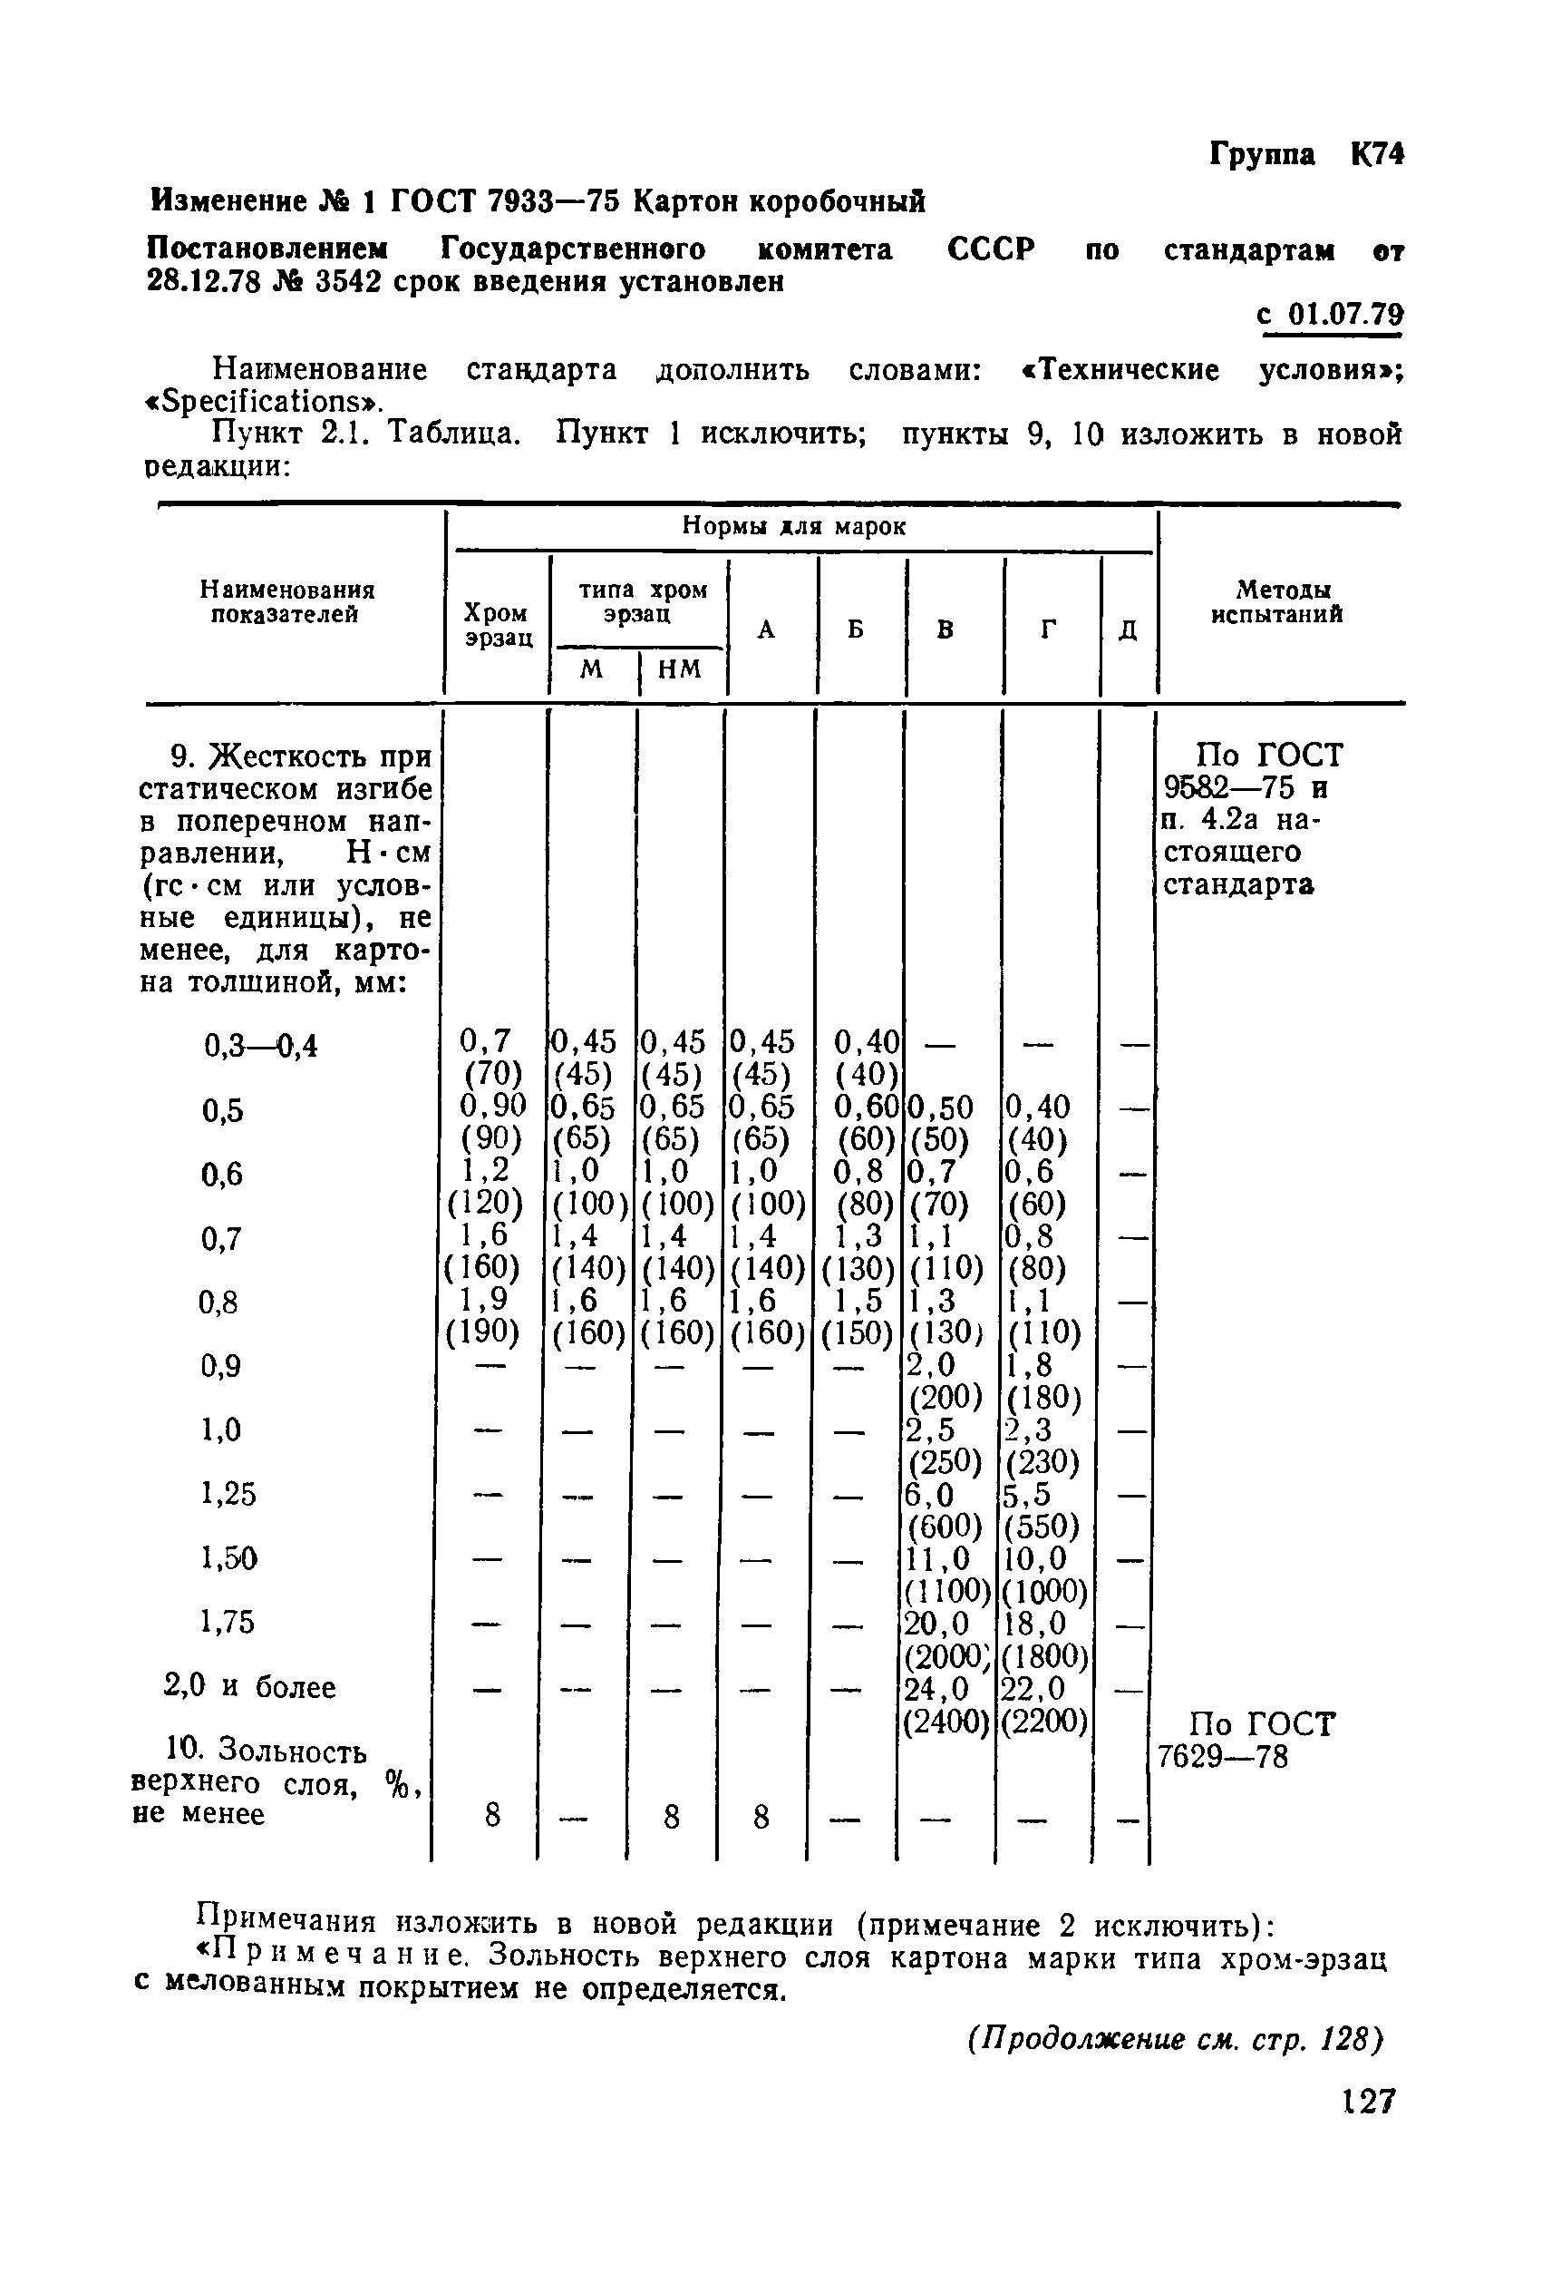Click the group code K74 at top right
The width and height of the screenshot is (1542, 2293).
(x=1377, y=155)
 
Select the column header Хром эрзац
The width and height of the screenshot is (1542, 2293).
(x=498, y=625)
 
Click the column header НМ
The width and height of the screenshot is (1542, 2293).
(x=679, y=670)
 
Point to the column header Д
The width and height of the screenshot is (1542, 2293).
(x=1128, y=629)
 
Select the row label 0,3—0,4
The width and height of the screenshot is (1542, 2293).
(x=260, y=1046)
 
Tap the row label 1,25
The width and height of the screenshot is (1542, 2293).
(x=228, y=1494)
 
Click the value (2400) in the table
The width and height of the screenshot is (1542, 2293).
(x=946, y=1721)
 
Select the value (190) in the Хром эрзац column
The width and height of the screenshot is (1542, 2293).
(x=483, y=1331)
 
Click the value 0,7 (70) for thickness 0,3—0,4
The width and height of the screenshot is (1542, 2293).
(x=487, y=1056)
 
